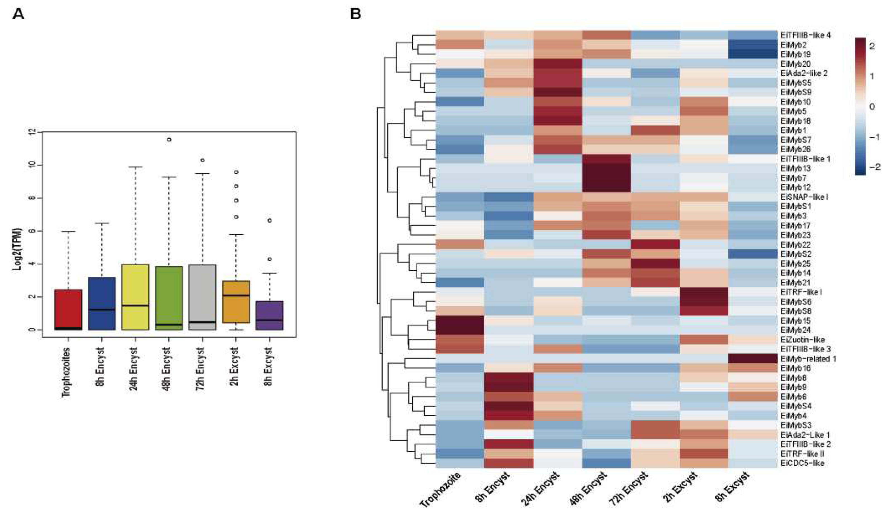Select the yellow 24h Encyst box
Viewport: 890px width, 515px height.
point(135,297)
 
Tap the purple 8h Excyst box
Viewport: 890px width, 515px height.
point(269,315)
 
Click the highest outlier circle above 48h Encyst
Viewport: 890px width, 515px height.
point(169,139)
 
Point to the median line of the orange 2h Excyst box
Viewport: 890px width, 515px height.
point(236,295)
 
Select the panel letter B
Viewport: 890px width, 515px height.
point(355,14)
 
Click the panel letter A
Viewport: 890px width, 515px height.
point(18,15)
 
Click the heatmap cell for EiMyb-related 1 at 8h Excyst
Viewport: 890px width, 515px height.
point(753,358)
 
